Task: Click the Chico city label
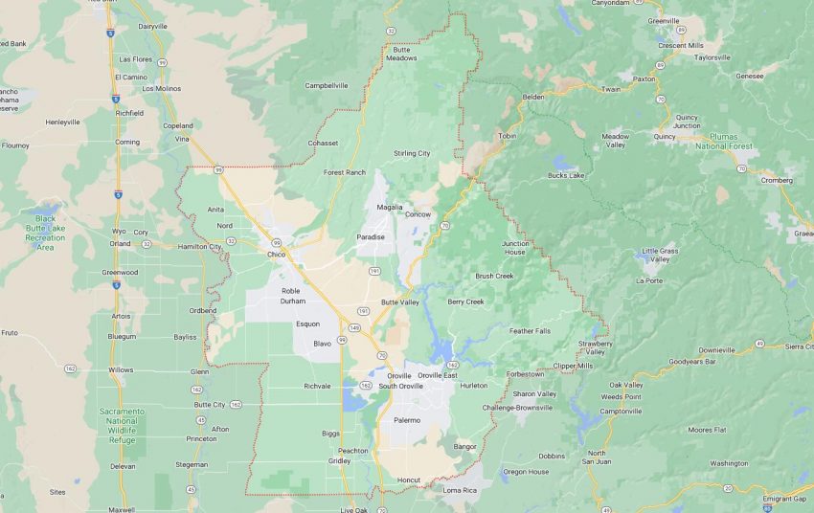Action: coord(276,255)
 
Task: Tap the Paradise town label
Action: coord(371,236)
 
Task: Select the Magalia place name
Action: coord(390,207)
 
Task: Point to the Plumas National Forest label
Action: coord(724,142)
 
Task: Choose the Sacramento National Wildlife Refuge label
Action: coord(122,422)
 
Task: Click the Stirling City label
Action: coord(412,153)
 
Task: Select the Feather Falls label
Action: coord(530,330)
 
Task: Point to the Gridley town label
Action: coord(338,460)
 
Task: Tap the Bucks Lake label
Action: coord(565,175)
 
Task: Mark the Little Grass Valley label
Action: coord(662,255)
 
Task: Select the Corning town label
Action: coord(127,142)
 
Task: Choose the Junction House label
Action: coord(515,248)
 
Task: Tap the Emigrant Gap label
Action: coord(785,498)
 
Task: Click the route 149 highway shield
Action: coord(354,328)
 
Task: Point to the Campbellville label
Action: coord(327,85)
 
